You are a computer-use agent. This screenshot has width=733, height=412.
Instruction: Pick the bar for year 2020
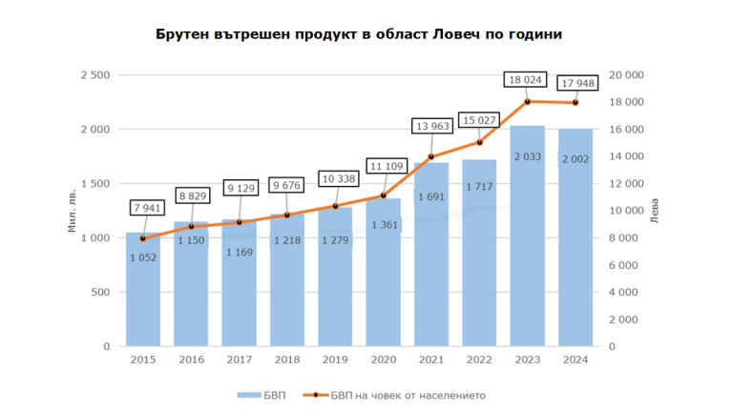click(x=383, y=286)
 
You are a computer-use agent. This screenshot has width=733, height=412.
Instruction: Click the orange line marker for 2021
click(x=431, y=156)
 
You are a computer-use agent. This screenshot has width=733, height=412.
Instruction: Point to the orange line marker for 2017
click(x=239, y=222)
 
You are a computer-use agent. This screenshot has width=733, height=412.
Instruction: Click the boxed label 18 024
click(x=528, y=80)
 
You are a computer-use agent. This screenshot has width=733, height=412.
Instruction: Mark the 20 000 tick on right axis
click(x=627, y=74)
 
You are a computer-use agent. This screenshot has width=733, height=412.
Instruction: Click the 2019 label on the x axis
click(x=335, y=360)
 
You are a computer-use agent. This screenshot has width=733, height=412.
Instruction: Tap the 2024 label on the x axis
click(x=576, y=360)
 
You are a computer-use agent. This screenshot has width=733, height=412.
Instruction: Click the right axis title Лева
click(x=653, y=212)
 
